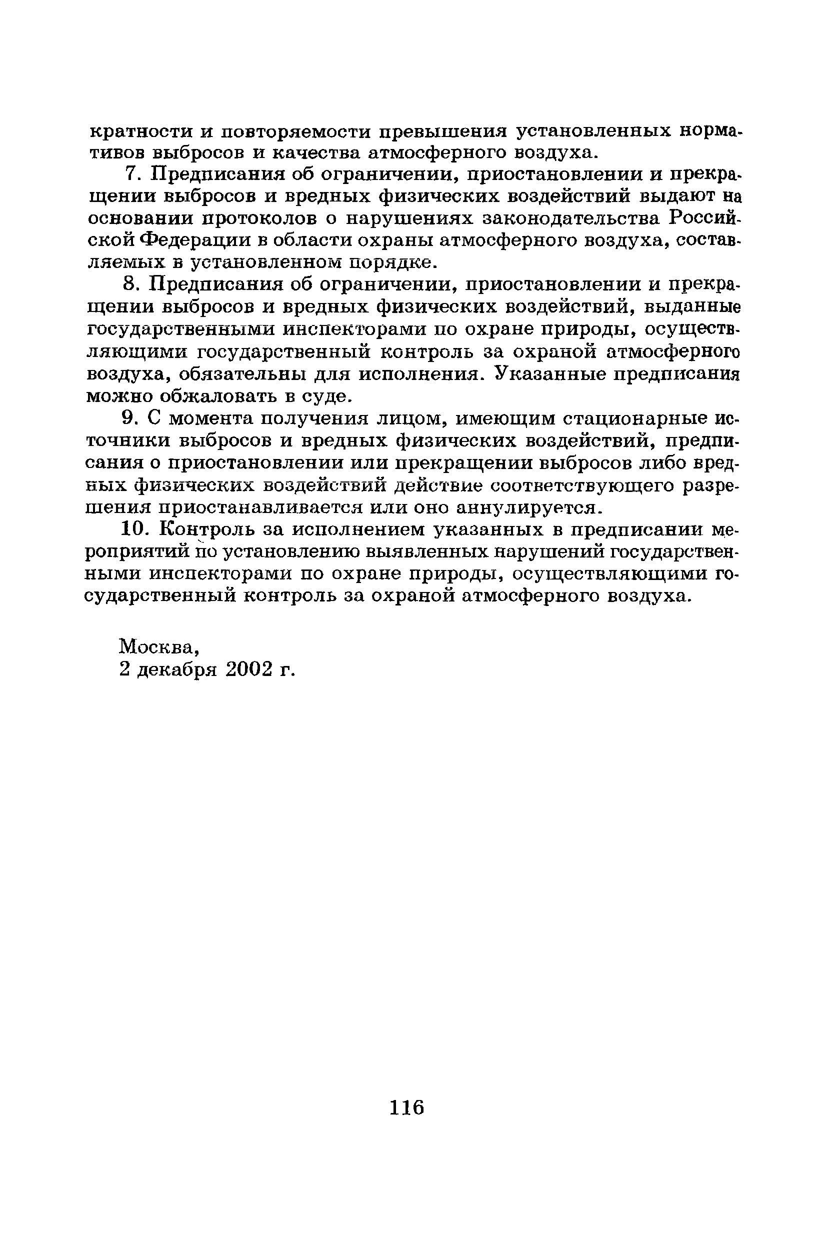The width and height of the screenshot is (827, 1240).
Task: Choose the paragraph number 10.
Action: tap(133, 528)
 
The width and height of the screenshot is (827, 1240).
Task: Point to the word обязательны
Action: tap(243, 374)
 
